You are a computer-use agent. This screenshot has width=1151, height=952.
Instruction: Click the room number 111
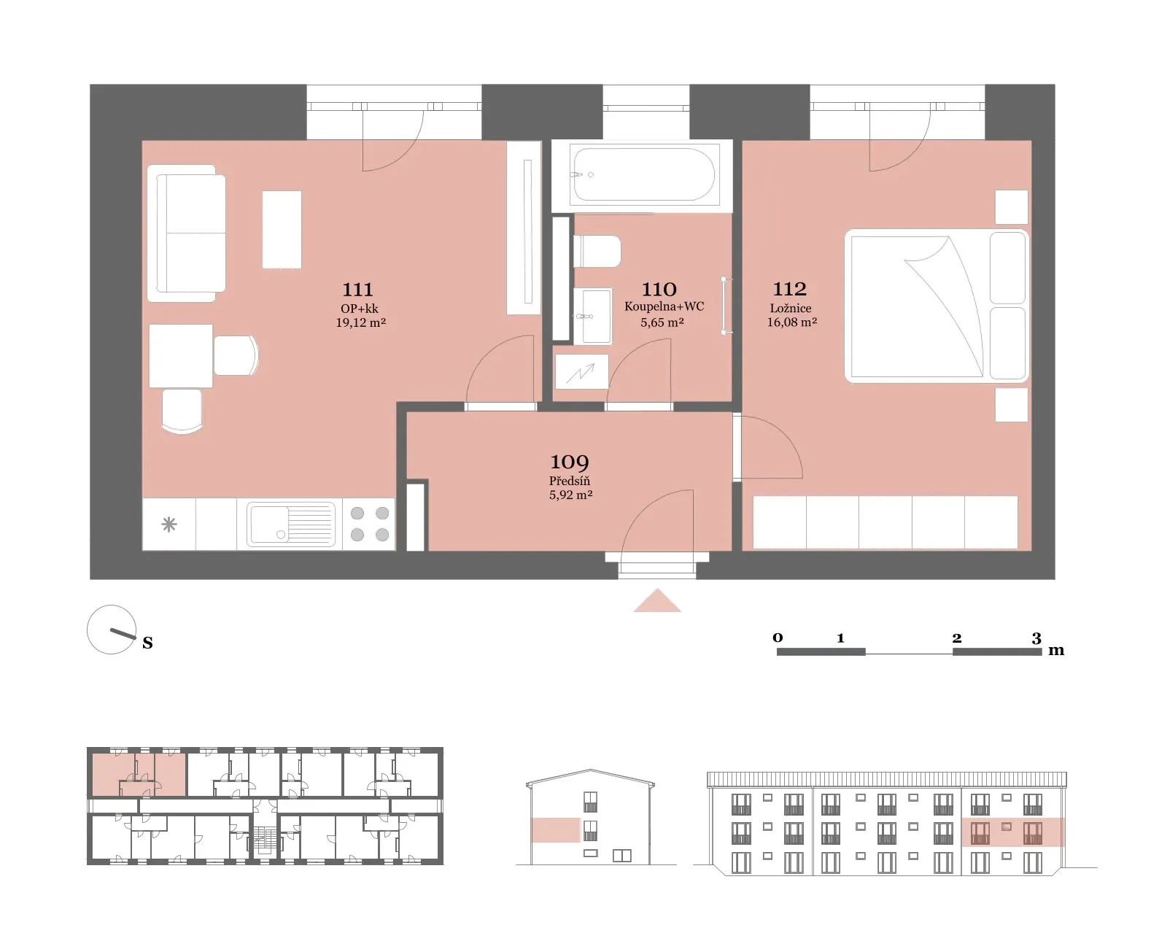pos(357,290)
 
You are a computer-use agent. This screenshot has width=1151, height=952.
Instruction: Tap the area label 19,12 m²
pos(360,322)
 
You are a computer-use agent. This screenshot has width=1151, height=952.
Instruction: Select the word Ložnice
pos(791,308)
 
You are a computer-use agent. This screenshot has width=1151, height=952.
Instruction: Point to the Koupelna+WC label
pos(664,306)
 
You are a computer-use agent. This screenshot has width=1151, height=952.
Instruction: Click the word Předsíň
pos(570,481)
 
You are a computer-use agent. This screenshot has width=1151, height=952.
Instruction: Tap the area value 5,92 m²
pos(570,495)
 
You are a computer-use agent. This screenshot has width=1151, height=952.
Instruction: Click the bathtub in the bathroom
pos(643,174)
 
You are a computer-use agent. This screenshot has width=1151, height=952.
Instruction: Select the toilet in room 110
pos(597,252)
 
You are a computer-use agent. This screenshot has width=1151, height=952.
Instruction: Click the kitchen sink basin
pos(290,524)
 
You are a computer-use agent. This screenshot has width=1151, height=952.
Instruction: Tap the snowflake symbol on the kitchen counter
pos(169,524)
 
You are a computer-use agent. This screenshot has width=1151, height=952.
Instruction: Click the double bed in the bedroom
pos(937,306)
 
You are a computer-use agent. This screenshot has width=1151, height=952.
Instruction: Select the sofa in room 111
pos(187,233)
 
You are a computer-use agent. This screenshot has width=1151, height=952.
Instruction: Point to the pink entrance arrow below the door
pos(657,600)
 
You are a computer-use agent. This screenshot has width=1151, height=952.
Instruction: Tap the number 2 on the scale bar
pos(957,638)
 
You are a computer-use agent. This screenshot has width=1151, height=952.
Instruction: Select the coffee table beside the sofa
pos(282,229)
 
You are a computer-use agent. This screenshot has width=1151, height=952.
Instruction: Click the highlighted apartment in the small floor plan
pos(139,775)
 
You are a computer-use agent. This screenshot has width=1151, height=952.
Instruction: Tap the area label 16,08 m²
pos(791,322)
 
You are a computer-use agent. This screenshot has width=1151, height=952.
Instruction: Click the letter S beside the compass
pos(148,643)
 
